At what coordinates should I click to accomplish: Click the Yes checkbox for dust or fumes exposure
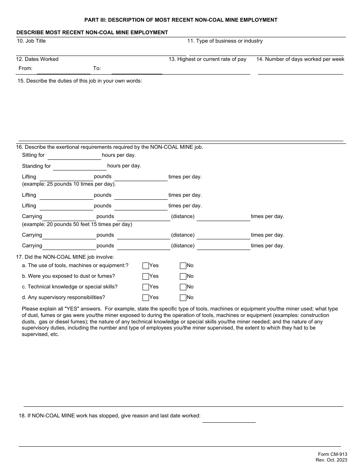[x=146, y=276]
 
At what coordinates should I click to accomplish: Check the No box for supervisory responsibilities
[x=183, y=298]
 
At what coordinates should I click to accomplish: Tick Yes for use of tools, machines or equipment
[x=146, y=266]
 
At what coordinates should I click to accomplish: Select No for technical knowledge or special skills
[x=183, y=287]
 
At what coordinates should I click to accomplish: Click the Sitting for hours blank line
[x=74, y=156]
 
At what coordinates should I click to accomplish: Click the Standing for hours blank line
[x=80, y=167]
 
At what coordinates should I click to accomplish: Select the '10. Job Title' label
[x=31, y=41]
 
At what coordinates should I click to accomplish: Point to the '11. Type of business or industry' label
[x=225, y=41]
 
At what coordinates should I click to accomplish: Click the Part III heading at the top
[x=181, y=20]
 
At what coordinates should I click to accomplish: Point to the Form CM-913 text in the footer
[x=332, y=454]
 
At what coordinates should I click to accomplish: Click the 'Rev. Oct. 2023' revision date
[x=331, y=460]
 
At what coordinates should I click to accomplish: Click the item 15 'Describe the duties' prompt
[x=80, y=81]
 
